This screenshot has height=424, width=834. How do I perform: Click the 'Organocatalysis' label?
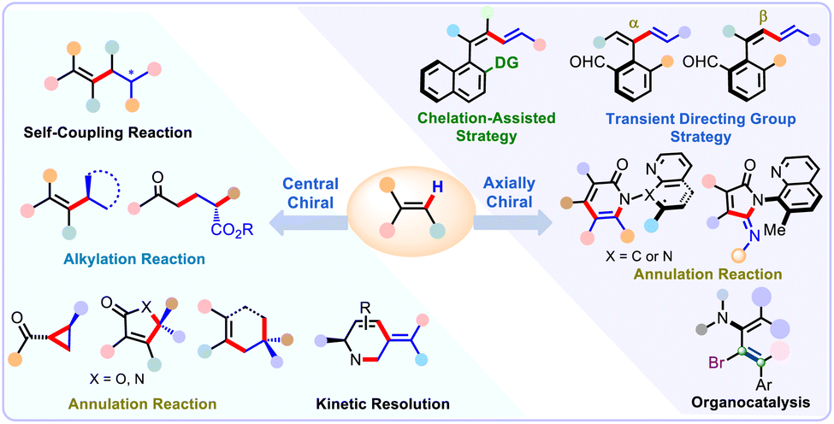pyautogui.click(x=756, y=400)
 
